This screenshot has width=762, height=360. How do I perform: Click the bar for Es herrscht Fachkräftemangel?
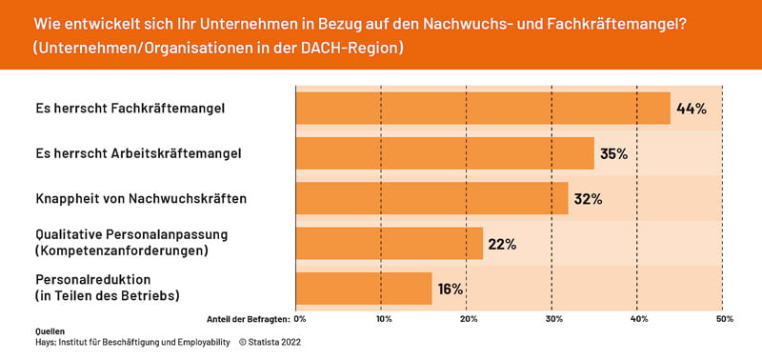tap(483, 109)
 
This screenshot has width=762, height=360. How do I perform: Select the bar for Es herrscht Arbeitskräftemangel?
tap(445, 153)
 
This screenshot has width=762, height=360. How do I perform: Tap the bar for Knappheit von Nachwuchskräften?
tap(432, 198)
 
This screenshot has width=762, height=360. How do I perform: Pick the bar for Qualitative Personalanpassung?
tap(390, 243)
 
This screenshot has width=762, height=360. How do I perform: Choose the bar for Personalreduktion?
tap(364, 288)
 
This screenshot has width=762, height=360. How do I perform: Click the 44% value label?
tap(691, 109)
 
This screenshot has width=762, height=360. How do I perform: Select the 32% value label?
tap(589, 198)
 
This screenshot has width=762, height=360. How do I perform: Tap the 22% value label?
tap(502, 244)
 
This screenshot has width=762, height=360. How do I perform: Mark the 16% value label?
tap(451, 289)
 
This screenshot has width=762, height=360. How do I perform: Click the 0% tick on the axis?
tap(300, 318)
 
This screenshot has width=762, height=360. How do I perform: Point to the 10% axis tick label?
tap(383, 318)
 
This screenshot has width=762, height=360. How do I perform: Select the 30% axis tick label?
tap(553, 318)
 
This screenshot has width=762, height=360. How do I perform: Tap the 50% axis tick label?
tap(724, 318)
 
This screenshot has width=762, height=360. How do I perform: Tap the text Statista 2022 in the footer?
tap(278, 341)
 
